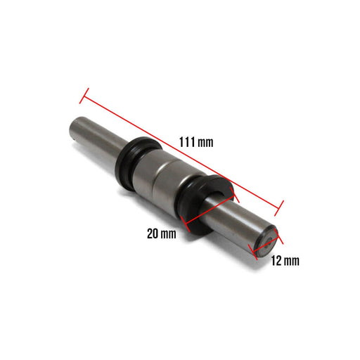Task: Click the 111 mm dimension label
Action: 196,142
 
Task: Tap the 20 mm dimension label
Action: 162,233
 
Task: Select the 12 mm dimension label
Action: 285,261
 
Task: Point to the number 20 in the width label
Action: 153,233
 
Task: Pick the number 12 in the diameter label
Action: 276,261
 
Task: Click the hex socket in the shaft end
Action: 268,244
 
